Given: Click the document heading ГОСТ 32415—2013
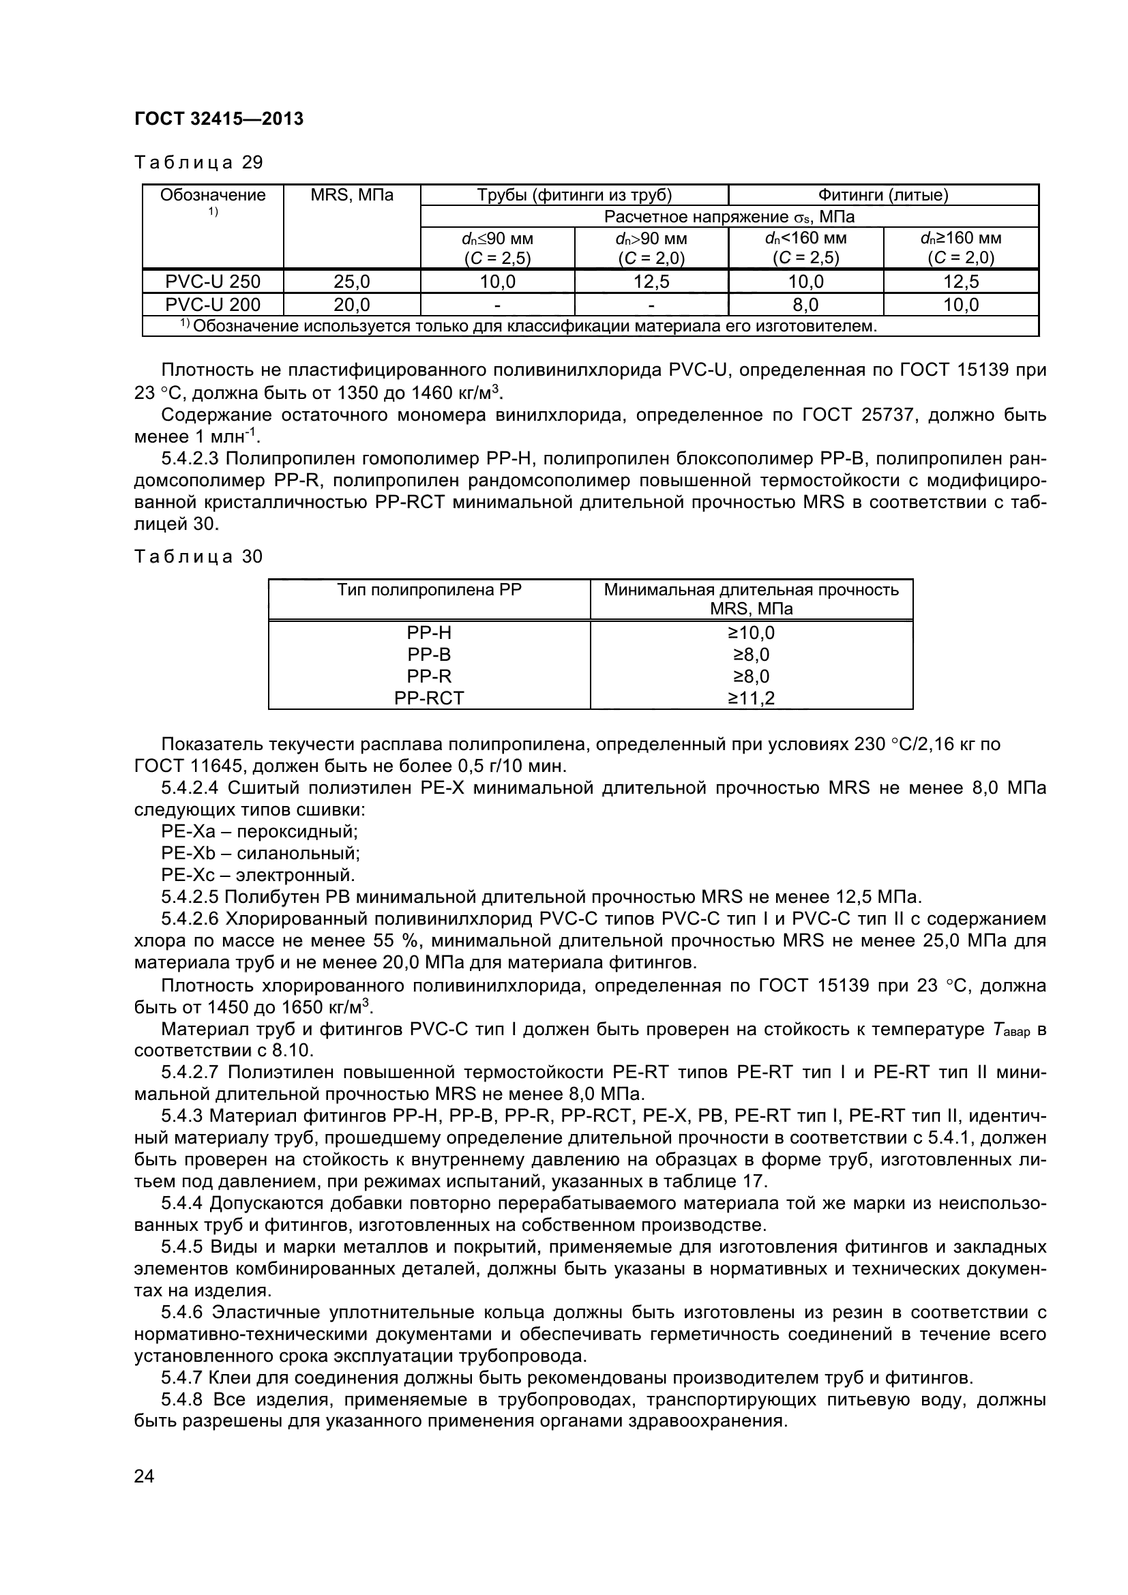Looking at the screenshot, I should click(x=219, y=119).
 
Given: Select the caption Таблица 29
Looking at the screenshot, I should click(x=198, y=162).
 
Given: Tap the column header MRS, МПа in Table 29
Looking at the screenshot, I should click(x=351, y=195).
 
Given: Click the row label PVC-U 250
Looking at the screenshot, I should click(x=213, y=282).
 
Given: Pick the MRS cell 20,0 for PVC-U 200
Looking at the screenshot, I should click(x=351, y=304).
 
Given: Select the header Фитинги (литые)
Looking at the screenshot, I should click(x=882, y=195).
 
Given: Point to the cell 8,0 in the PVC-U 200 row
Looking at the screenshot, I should click(x=805, y=304).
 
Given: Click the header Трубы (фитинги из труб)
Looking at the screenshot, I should click(x=574, y=195).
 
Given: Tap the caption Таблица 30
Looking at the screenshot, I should click(x=198, y=556).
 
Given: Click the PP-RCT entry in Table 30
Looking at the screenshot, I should click(x=428, y=698).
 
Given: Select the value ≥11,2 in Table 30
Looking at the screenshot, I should click(x=751, y=698).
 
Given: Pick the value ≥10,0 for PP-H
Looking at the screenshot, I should click(x=751, y=633).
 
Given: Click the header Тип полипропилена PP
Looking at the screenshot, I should click(x=428, y=590).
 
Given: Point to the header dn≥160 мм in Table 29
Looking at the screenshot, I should click(x=961, y=238).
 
